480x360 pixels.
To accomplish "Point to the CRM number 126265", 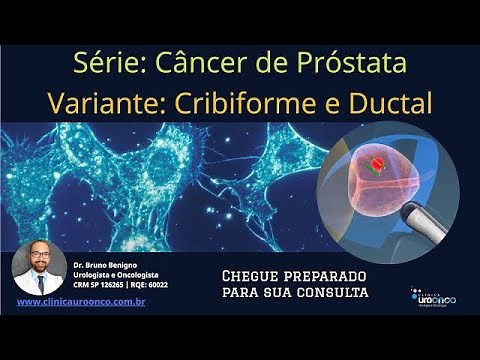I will (x=117, y=284).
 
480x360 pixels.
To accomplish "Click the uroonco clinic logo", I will (x=433, y=296).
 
